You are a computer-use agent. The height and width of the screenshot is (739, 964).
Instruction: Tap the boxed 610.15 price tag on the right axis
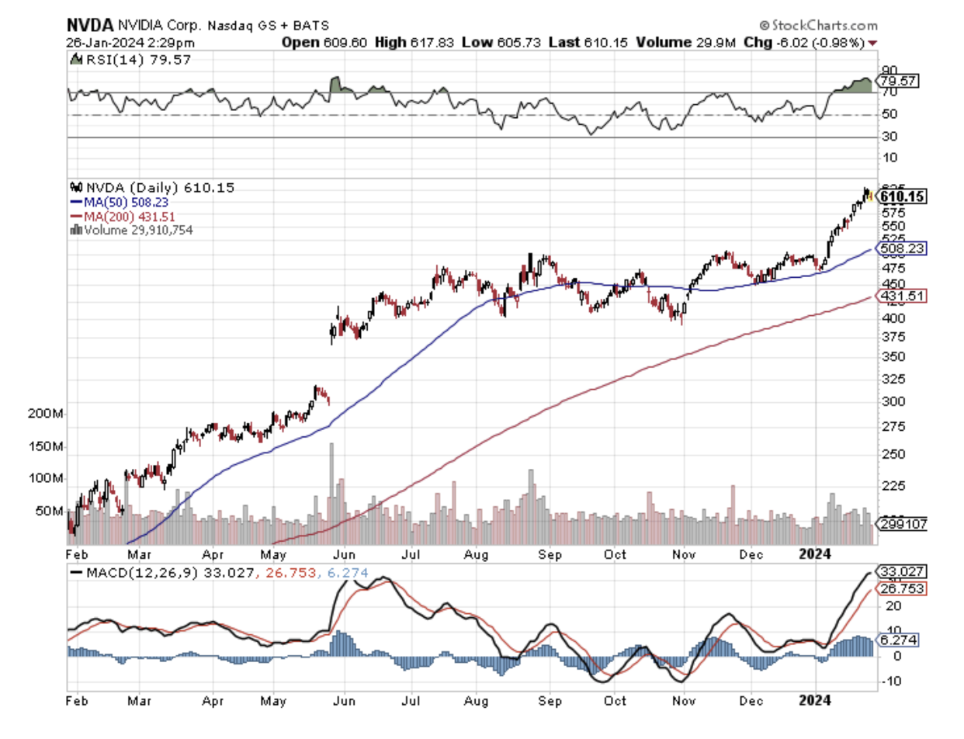(x=903, y=197)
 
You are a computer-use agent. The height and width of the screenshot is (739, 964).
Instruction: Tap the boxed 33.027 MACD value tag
(x=896, y=572)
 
